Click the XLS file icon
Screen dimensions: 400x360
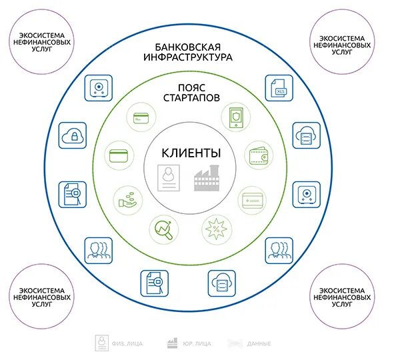tap(279, 89)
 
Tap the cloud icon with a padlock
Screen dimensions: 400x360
tap(71, 135)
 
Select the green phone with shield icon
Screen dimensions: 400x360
tap(234, 117)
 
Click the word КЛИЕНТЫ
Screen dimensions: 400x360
tap(190, 153)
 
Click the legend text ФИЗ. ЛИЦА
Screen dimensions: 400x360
tap(127, 344)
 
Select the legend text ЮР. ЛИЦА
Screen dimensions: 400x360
tap(197, 344)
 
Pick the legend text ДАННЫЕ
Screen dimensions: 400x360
tap(259, 344)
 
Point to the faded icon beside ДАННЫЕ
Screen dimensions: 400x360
tap(235, 343)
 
